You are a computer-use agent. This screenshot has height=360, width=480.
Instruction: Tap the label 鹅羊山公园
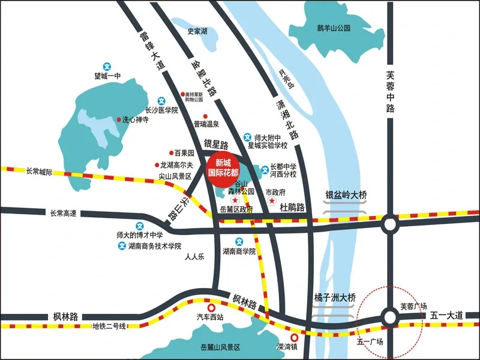pyautogui.click(x=334, y=28)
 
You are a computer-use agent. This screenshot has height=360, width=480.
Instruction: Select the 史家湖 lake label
pyautogui.click(x=197, y=31)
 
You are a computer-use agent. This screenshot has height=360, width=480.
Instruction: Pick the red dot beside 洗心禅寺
pyautogui.click(x=118, y=119)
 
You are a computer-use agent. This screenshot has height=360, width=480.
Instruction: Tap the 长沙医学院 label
pyautogui.click(x=163, y=110)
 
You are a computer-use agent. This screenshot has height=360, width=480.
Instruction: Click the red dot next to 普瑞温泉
pyautogui.click(x=205, y=116)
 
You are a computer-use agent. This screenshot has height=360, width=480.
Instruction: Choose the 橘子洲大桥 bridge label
pyautogui.click(x=335, y=297)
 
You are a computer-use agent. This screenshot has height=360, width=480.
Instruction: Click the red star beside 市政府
pyautogui.click(x=272, y=200)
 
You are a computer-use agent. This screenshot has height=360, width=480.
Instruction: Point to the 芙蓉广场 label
pyautogui.click(x=413, y=306)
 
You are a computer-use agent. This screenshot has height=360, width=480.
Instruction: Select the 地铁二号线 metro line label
pyautogui.click(x=109, y=326)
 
